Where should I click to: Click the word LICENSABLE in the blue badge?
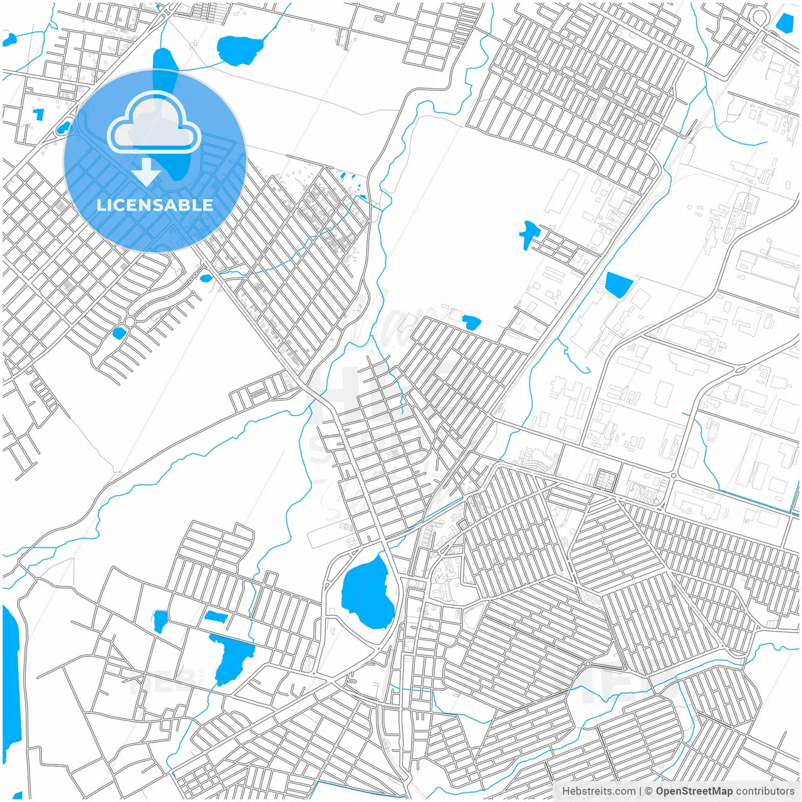(154, 205)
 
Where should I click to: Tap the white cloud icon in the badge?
(154, 123)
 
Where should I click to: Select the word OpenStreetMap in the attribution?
(694, 791)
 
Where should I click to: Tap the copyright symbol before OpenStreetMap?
(648, 791)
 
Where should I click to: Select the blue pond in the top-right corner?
(784, 23)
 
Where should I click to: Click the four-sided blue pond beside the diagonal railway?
(618, 285)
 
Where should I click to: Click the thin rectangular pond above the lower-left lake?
(216, 617)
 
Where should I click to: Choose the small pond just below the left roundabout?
(119, 333)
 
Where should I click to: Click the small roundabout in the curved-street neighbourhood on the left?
(130, 322)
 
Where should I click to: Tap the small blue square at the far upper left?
(39, 115)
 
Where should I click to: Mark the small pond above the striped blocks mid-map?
(471, 323)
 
